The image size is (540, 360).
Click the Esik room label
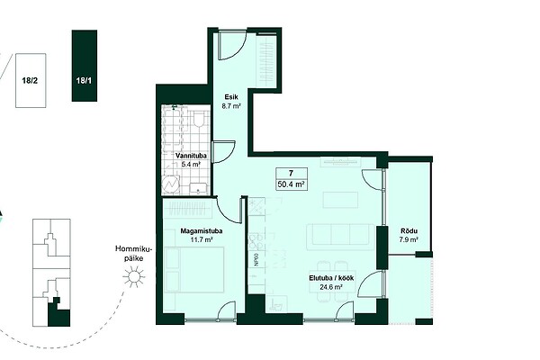point(231,97)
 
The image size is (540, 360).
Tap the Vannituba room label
point(191,156)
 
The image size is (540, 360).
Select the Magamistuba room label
point(202,231)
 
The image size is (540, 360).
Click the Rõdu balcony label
point(409,231)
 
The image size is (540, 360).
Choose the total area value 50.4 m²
point(292,184)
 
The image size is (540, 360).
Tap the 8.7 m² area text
point(231,106)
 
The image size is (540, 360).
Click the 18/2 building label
point(30,81)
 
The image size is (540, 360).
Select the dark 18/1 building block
point(85,66)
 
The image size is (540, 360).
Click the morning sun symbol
point(133,276)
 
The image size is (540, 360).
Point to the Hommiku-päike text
point(133,253)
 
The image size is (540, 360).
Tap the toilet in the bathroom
point(199,118)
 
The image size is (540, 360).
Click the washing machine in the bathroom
point(171,184)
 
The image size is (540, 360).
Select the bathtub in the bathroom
point(173,130)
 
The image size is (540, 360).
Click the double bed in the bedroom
point(194,270)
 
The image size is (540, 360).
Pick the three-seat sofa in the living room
point(340,237)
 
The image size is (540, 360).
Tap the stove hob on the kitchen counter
point(256,241)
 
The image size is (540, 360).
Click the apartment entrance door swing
point(232,46)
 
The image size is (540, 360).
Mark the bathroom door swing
point(224,151)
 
